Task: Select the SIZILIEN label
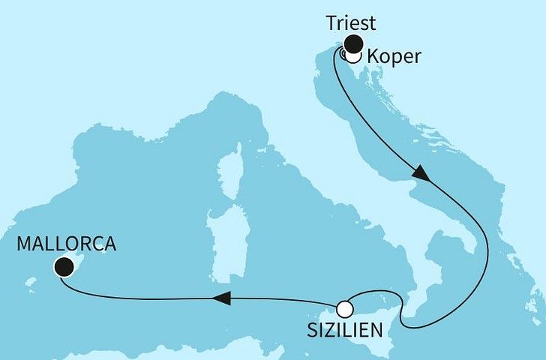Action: [x=343, y=330]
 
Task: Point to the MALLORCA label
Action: [x=66, y=244]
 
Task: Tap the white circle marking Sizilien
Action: [x=344, y=308]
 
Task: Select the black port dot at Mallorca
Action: [x=64, y=265]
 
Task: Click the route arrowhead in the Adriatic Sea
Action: [x=421, y=173]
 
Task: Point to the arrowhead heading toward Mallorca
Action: [x=220, y=298]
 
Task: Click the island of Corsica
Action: [x=234, y=161]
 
